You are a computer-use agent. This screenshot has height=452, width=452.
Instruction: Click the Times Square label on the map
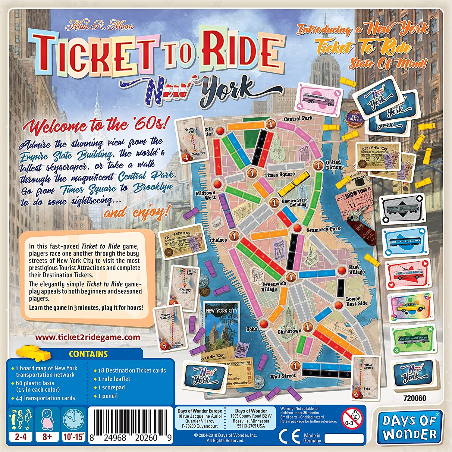point(279,174)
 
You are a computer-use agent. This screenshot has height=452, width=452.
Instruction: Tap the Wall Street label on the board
point(283,376)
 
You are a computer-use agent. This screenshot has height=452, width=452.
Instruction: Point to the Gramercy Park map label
point(323,230)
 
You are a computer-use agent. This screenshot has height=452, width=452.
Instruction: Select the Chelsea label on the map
point(218,240)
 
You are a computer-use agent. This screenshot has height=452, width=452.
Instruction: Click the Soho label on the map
point(252,329)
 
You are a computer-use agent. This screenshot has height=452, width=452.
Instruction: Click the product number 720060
point(415,398)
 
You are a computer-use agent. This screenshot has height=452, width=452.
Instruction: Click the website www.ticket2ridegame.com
point(88,337)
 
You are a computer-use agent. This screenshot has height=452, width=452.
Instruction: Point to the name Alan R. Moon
point(100,26)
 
